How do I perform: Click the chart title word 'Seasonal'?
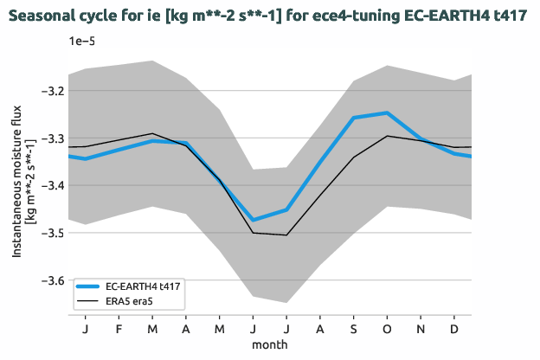[44, 16]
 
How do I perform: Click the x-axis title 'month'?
[270, 344]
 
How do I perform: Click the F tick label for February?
[119, 330]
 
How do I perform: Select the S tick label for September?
[353, 330]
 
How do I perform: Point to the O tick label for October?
[387, 330]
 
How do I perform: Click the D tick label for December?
[453, 330]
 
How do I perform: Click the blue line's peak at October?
[387, 113]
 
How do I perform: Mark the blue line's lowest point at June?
[253, 220]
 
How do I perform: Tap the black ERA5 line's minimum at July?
[286, 235]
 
